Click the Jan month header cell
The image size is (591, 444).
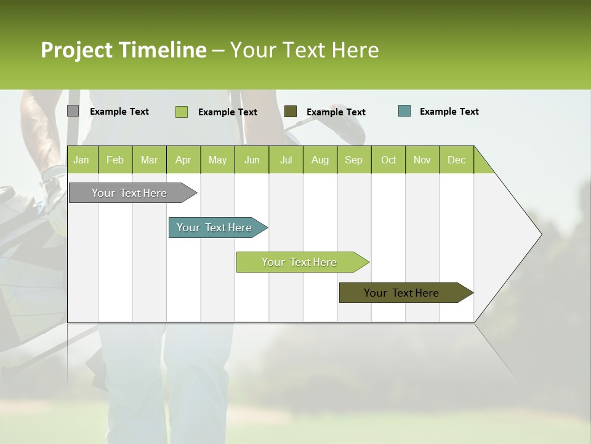point(82,160)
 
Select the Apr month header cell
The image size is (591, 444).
point(183,160)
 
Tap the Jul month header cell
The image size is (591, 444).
point(286,160)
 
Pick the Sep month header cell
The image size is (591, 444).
point(353,160)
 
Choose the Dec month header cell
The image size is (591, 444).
point(456,160)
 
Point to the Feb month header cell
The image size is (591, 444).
point(115,160)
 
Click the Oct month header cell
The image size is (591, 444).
point(388,160)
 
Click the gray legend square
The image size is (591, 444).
point(73,111)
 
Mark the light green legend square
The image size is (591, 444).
point(181,112)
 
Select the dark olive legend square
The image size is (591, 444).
point(290,111)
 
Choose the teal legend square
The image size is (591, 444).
point(404,111)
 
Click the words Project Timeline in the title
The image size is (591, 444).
point(123,50)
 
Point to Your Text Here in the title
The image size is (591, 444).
point(304,50)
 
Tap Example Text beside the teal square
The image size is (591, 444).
point(449,112)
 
